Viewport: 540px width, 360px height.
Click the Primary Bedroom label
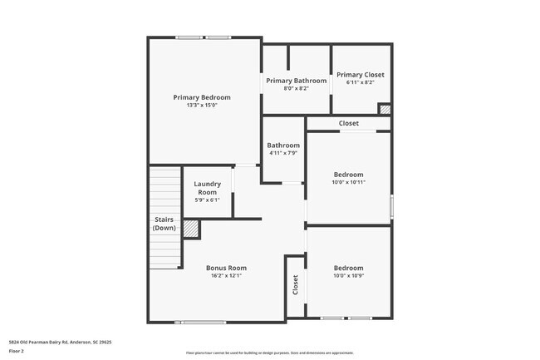(x=202, y=97)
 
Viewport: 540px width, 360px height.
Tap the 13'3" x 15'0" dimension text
(x=202, y=106)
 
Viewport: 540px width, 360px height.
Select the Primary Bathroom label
(x=297, y=81)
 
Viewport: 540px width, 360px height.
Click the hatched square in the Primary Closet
(x=385, y=108)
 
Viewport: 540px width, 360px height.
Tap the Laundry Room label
(x=207, y=188)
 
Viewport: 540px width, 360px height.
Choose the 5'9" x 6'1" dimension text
(x=207, y=200)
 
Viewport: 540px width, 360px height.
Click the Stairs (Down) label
(x=164, y=224)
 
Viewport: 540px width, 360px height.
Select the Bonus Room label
(x=227, y=268)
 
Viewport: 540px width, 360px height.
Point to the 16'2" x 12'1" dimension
(x=227, y=276)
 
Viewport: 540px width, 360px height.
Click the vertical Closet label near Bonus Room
(x=295, y=285)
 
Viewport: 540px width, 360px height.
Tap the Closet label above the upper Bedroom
(x=349, y=124)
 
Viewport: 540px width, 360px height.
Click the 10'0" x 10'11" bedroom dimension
(x=349, y=182)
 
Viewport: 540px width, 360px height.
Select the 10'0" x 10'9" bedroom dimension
(x=348, y=276)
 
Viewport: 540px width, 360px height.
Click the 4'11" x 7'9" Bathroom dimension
(x=283, y=153)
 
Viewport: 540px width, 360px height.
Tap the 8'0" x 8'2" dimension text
(x=297, y=88)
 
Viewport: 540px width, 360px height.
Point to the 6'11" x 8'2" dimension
(x=361, y=82)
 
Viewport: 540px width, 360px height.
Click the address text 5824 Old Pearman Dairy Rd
(x=60, y=341)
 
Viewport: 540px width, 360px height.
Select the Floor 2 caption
(x=17, y=351)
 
